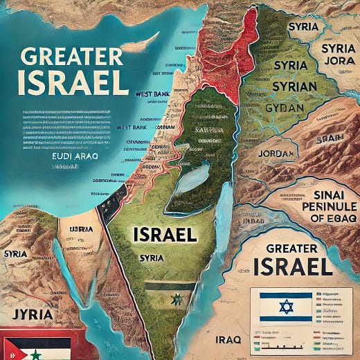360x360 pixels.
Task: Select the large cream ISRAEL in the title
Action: pyautogui.click(x=73, y=82)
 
